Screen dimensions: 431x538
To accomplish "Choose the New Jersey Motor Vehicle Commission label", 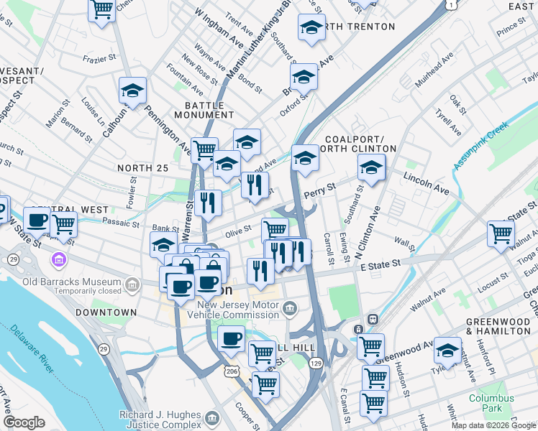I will (238, 310).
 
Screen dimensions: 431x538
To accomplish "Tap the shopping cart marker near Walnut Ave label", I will (501, 233).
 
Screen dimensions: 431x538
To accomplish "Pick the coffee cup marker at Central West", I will (37, 220).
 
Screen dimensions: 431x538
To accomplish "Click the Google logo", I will (24, 422).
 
